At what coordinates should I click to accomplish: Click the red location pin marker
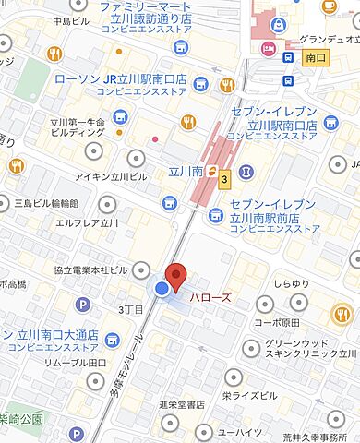175,276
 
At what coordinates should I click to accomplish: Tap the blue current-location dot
162,289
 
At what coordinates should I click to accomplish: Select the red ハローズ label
210,297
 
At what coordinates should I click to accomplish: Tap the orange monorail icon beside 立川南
211,171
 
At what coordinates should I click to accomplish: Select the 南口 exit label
315,57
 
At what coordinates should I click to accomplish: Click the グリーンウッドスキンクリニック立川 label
309,345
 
